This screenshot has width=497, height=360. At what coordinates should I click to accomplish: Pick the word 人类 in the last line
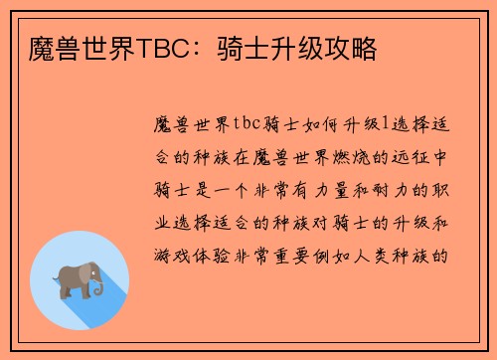click(x=392, y=255)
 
